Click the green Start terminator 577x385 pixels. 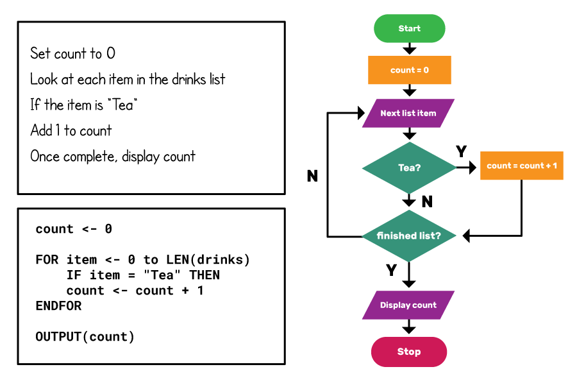coord(409,29)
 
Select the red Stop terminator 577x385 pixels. coord(408,352)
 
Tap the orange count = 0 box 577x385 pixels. coord(409,70)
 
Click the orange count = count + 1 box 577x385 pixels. coord(521,166)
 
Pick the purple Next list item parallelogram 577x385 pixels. coord(408,114)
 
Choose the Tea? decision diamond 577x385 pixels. coord(409,168)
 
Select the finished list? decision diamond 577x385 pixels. coord(409,235)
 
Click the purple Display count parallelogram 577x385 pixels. coord(408,305)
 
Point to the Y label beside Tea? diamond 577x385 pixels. coord(461,151)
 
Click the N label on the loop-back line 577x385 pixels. coord(312,176)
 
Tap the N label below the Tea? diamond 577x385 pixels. coord(427,202)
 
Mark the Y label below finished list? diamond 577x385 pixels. coord(391,270)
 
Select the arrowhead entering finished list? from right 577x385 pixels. coord(467,236)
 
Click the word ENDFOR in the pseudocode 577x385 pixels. coord(58,306)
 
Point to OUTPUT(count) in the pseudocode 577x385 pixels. coord(85,337)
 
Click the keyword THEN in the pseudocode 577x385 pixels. coord(204,275)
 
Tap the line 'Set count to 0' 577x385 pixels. coord(72,53)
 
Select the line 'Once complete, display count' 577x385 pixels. coord(113,156)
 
